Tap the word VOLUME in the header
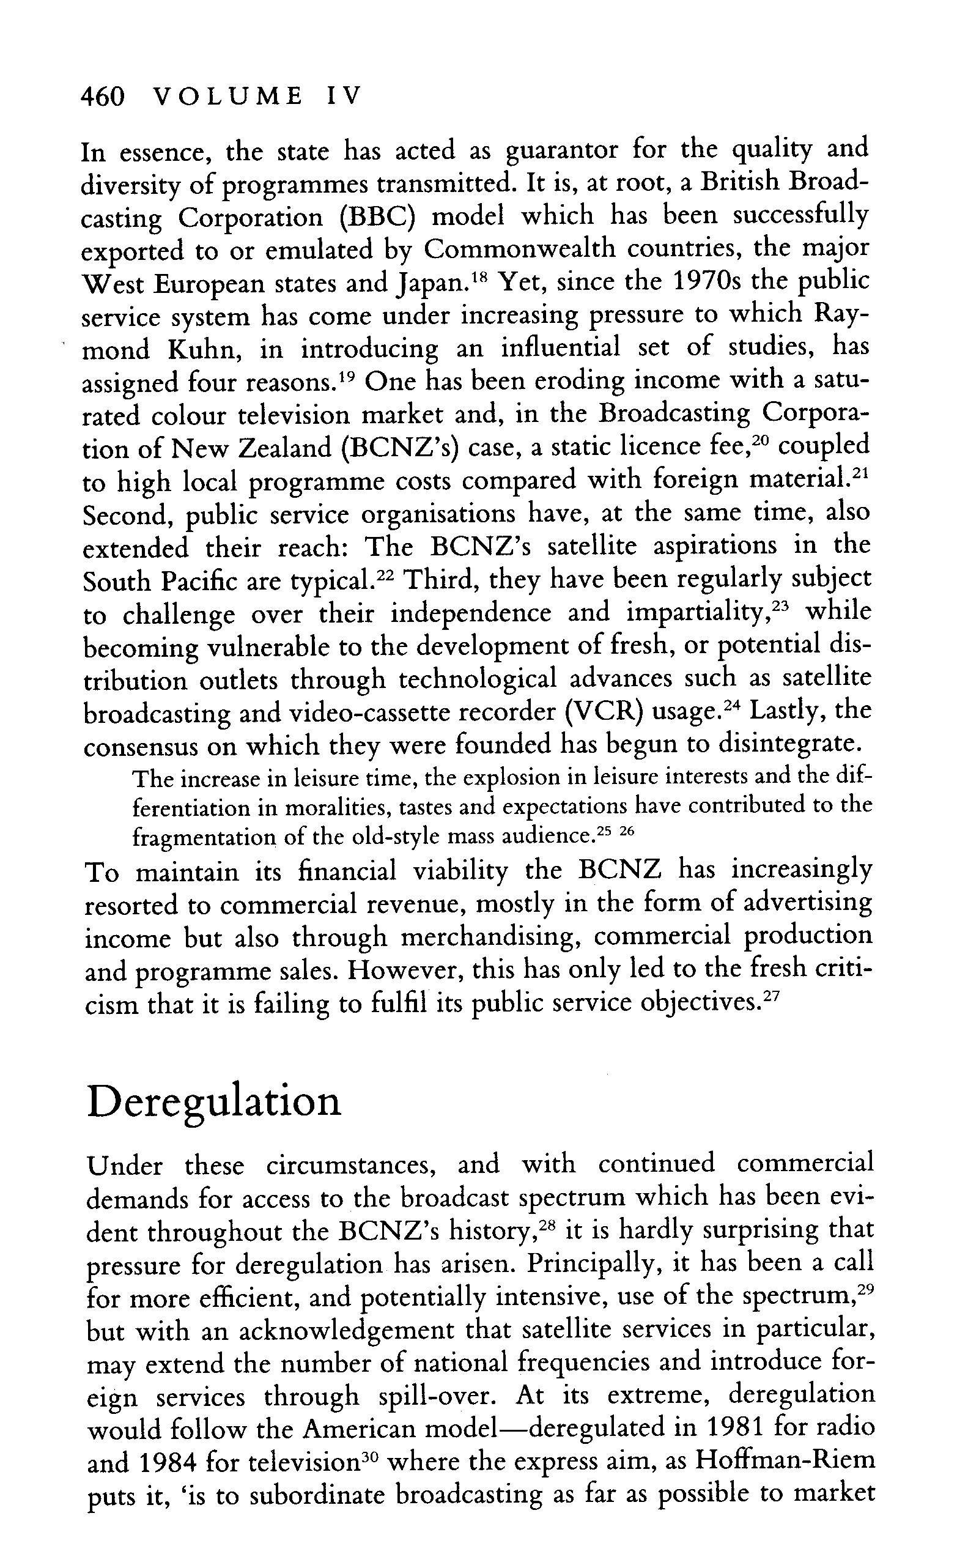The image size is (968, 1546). tap(230, 97)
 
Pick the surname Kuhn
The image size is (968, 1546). tap(206, 349)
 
